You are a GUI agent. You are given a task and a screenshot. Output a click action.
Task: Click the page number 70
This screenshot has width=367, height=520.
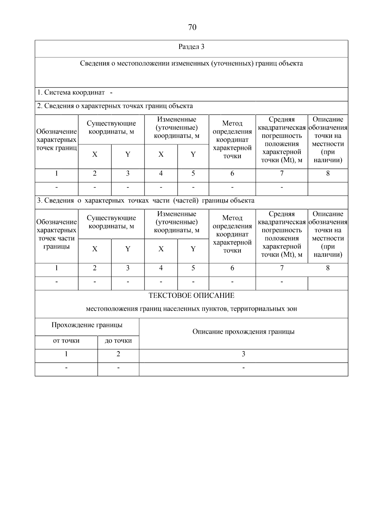point(192,28)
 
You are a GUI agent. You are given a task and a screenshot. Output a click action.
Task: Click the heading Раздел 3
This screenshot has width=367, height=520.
point(191,47)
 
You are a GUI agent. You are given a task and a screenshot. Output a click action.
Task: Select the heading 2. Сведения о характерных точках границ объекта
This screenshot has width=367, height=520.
point(115,106)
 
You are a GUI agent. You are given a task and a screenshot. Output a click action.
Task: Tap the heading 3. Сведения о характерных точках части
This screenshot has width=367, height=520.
point(146,201)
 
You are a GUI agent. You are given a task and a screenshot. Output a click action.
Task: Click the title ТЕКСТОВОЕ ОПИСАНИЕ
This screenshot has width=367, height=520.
point(191,296)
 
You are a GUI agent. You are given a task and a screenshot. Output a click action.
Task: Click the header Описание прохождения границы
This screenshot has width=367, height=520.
point(243,332)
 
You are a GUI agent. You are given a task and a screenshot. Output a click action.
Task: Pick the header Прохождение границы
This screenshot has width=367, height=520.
point(87,325)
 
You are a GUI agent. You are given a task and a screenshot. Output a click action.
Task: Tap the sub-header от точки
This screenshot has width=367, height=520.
point(66,341)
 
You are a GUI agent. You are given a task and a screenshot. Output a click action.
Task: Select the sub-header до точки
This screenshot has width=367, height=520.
point(118,341)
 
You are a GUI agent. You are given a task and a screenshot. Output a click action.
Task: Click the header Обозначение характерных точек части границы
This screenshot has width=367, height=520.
point(57,234)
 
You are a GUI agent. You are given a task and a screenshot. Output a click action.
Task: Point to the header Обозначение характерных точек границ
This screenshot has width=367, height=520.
point(57,140)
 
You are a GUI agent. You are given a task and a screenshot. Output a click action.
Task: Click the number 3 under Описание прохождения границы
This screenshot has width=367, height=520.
point(243,354)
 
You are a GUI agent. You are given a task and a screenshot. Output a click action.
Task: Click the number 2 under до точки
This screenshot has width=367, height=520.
point(118,354)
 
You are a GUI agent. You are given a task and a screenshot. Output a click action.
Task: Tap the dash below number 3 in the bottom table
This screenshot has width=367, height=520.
point(243,368)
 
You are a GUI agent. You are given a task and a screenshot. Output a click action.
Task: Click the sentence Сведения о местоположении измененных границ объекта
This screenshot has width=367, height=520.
point(191,63)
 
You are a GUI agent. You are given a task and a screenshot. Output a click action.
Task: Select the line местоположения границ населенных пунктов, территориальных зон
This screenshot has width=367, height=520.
point(191,309)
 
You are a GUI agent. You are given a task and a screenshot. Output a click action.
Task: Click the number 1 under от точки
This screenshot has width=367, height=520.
point(66,354)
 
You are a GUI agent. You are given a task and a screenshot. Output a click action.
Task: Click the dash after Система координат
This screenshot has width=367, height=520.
point(111,93)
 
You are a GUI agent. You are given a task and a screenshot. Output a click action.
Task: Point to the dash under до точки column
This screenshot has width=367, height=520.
point(118,368)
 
